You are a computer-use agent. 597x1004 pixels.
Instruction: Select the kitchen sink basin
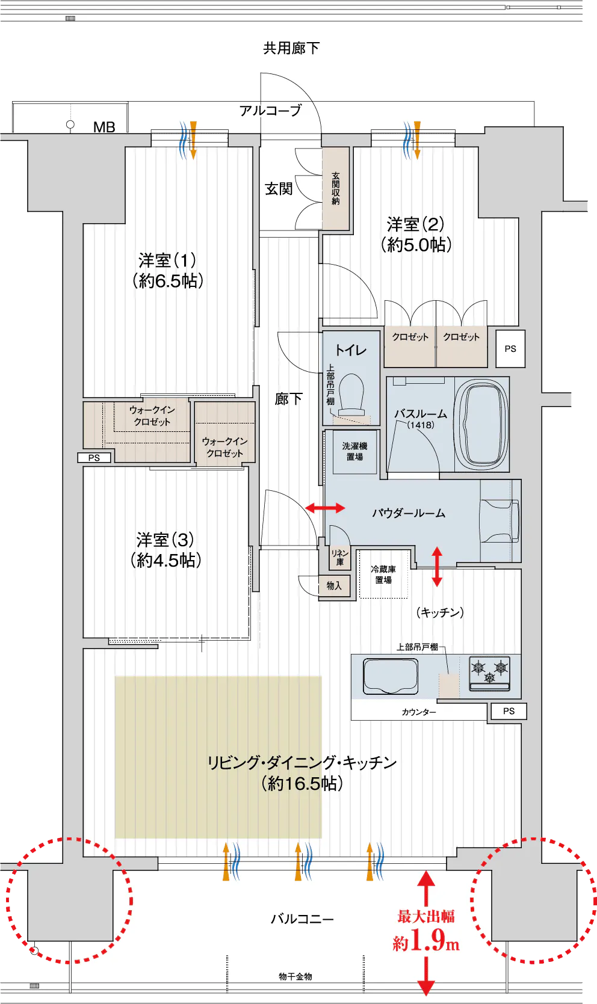(390, 676)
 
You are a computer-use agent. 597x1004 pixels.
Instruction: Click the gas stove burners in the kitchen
(489, 673)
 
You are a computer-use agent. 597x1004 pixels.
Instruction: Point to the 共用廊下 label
(291, 48)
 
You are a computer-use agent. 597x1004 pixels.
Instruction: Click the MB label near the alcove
(104, 128)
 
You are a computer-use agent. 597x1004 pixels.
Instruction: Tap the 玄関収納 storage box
(336, 189)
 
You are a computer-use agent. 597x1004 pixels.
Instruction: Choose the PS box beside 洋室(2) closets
(510, 349)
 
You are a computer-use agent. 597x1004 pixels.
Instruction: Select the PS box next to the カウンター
(509, 711)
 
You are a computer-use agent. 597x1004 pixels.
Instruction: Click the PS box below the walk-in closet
(94, 458)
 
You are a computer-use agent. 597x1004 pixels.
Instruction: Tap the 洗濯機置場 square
(354, 451)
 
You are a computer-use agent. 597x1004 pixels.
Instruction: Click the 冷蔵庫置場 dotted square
(383, 574)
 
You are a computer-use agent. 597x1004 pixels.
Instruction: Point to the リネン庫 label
(339, 557)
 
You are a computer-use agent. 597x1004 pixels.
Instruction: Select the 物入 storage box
(334, 585)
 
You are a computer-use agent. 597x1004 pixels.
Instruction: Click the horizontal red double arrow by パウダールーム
(325, 508)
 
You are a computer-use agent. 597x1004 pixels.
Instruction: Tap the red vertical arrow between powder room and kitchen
(437, 566)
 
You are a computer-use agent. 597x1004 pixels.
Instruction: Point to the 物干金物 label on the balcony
(295, 976)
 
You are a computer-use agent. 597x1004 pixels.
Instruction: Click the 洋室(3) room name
(165, 540)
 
